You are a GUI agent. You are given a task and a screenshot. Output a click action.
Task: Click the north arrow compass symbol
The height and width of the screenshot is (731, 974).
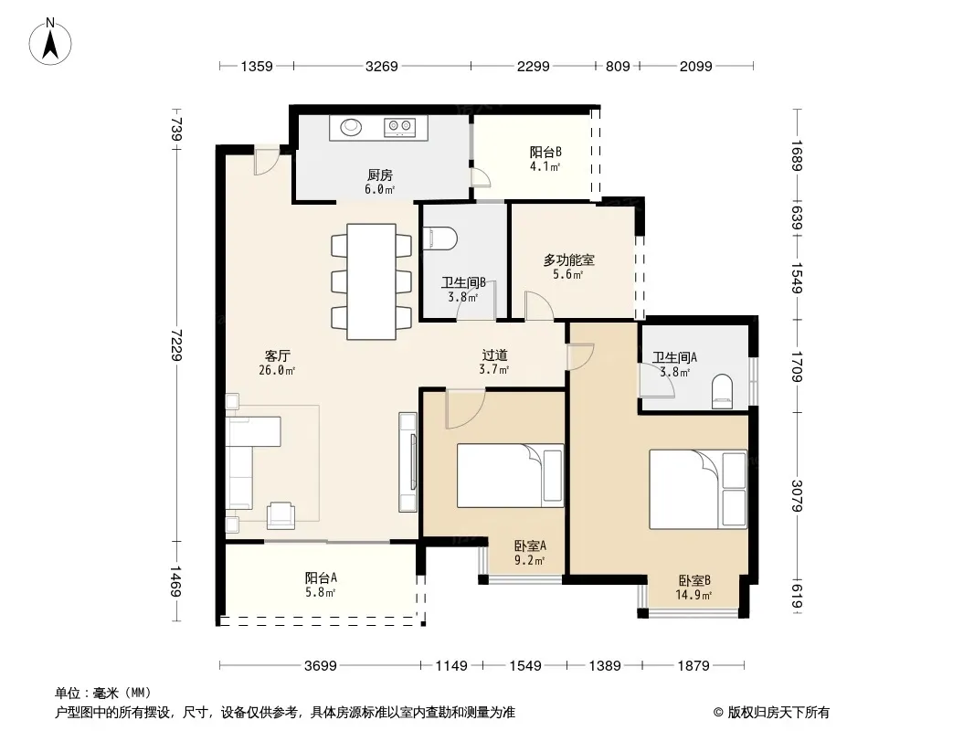[x=50, y=42]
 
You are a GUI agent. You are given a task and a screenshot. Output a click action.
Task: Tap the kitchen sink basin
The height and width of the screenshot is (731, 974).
[x=351, y=127]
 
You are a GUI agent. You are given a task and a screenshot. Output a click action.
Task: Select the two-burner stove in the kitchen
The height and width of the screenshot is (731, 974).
[x=399, y=127]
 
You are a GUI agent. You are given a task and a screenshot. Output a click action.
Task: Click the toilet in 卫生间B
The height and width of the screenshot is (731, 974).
[x=439, y=238]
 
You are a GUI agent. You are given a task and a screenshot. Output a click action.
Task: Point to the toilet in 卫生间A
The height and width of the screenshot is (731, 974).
[x=722, y=391]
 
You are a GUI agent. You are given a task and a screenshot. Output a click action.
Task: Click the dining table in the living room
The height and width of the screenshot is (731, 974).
[x=372, y=281]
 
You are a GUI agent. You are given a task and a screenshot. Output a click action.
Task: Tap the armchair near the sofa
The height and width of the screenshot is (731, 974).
[x=281, y=515]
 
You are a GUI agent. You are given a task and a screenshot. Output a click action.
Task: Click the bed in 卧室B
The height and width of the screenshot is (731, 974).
[x=698, y=490]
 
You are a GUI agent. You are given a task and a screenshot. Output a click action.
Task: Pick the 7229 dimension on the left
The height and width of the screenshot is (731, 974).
[x=177, y=344]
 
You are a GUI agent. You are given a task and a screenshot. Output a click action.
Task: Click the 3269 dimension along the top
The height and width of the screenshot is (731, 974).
[x=381, y=66]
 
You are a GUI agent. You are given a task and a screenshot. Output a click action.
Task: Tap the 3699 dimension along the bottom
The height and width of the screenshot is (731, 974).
[x=321, y=666]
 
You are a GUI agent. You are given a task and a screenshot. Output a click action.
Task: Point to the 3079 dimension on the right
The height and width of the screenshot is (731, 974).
[x=798, y=495]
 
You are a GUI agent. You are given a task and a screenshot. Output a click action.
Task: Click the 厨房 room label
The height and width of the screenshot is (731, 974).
[x=379, y=175]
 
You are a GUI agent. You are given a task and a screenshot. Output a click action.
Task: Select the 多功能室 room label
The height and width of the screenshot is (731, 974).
[x=569, y=260]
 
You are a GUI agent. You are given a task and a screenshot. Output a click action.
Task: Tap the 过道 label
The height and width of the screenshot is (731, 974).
[x=495, y=355]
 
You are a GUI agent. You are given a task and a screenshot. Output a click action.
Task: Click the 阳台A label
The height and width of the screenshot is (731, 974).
[x=321, y=577]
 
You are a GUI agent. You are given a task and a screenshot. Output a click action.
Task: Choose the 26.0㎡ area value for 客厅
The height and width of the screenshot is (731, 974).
[x=277, y=371]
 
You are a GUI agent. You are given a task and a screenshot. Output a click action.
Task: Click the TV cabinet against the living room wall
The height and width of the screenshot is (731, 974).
[x=408, y=462]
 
